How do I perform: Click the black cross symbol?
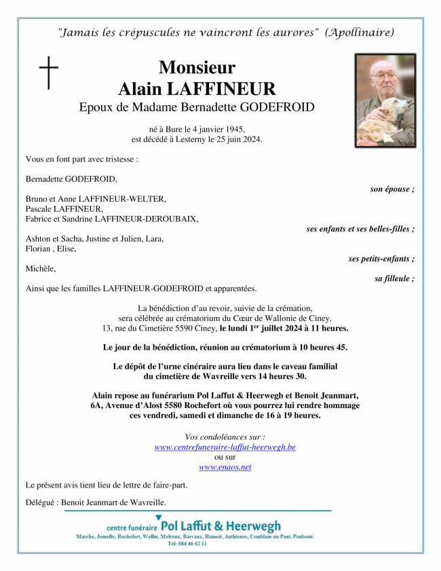(x=49, y=73)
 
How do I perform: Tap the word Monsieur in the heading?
(x=197, y=68)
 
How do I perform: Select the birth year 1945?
(x=232, y=129)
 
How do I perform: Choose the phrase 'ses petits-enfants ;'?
(x=381, y=259)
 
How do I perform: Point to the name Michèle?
(x=41, y=269)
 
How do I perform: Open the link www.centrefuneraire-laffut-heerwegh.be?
(x=225, y=447)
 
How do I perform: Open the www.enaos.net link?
(x=225, y=467)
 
